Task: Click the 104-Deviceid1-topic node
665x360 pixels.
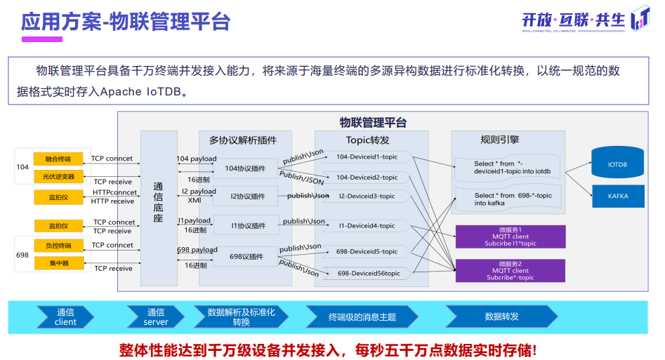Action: click(x=367, y=156)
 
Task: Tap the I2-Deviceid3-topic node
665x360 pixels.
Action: click(x=367, y=196)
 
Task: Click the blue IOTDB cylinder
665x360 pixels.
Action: click(x=617, y=165)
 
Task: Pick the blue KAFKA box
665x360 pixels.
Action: click(x=618, y=196)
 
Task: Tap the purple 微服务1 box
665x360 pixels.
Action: click(x=511, y=236)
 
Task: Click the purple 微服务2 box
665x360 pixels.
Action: click(x=511, y=270)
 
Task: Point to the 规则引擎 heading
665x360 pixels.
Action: click(x=499, y=140)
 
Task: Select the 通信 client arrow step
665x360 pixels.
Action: click(x=65, y=317)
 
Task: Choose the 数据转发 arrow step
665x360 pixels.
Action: click(x=501, y=317)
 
